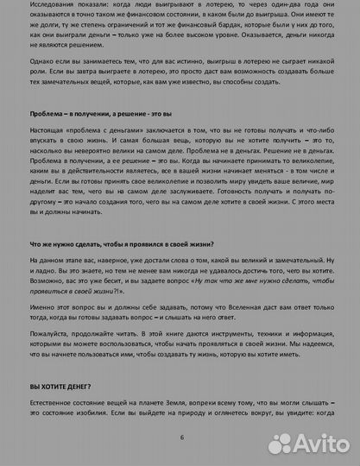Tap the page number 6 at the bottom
(181, 438)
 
